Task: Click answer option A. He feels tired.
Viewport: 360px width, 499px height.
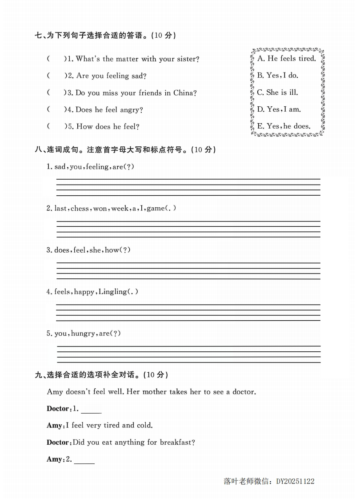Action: click(x=286, y=59)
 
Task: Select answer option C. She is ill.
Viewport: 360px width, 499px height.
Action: click(x=277, y=93)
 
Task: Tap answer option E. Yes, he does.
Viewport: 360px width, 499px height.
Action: click(x=284, y=126)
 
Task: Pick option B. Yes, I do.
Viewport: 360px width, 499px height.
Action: click(x=277, y=76)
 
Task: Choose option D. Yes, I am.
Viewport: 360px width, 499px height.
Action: click(x=279, y=109)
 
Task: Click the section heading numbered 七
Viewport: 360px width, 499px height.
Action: click(x=105, y=36)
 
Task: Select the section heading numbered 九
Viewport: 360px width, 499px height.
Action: click(x=101, y=375)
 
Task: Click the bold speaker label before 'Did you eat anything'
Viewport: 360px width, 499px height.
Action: click(x=58, y=443)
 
